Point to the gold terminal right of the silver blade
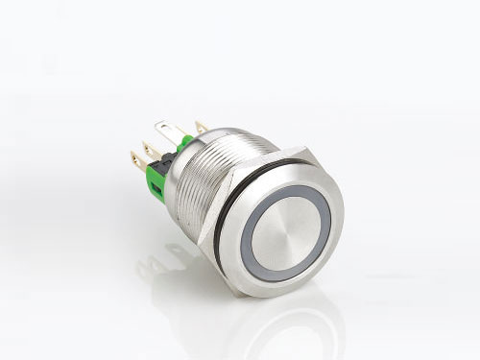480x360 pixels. click(x=201, y=127)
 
